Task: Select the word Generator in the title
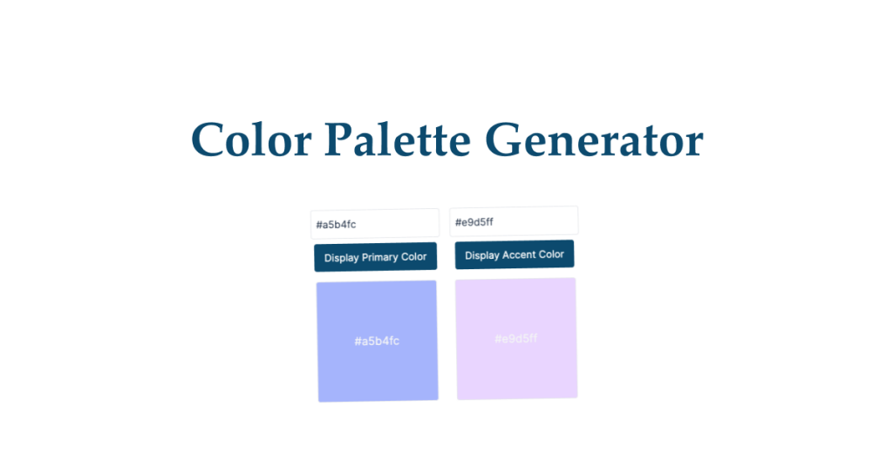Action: pos(593,140)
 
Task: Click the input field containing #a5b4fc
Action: pos(375,224)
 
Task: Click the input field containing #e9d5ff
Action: pos(514,221)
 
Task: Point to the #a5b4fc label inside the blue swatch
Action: pos(377,341)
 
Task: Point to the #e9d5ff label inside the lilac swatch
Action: pos(515,338)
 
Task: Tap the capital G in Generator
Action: pos(504,140)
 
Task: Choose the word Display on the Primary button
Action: pos(342,258)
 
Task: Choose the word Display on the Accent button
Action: pos(481,255)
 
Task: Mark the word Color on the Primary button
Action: pos(414,257)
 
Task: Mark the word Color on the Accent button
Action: pos(551,254)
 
